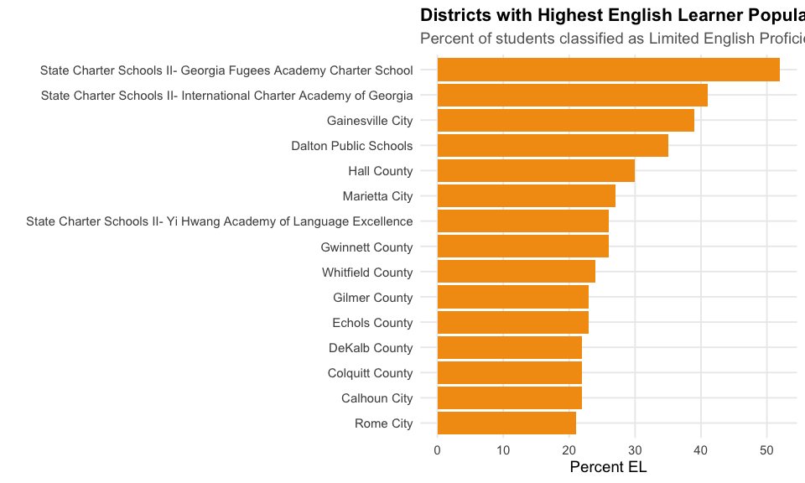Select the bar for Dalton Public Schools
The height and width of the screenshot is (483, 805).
click(x=553, y=146)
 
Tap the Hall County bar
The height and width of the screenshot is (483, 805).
click(x=536, y=171)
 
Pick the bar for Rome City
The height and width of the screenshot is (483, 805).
click(x=506, y=423)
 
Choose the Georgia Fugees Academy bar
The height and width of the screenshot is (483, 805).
click(x=608, y=70)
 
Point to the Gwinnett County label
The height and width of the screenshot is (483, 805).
click(x=366, y=247)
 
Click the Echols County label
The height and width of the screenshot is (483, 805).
click(x=372, y=323)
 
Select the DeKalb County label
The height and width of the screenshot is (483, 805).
click(x=371, y=348)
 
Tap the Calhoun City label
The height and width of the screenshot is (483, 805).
click(x=377, y=398)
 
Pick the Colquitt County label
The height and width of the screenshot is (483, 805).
click(x=370, y=373)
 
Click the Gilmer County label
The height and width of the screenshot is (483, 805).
click(x=372, y=298)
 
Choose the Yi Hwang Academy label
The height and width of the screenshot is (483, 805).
click(x=220, y=221)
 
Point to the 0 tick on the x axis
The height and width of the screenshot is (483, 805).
click(x=438, y=450)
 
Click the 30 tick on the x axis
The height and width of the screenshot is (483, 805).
click(x=635, y=450)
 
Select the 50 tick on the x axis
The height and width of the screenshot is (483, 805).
click(x=766, y=450)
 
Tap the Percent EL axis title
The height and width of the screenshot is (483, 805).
click(x=608, y=467)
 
